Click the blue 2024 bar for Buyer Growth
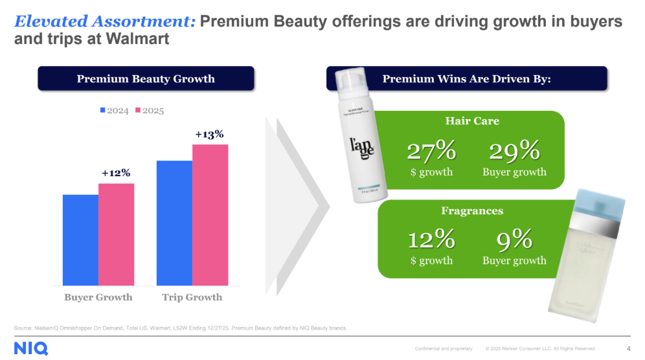(80, 240)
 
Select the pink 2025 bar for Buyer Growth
(117, 234)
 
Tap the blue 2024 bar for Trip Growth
(174, 223)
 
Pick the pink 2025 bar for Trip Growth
(210, 214)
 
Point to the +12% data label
(116, 173)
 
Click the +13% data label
(209, 134)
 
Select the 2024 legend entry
(114, 111)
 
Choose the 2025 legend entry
(149, 111)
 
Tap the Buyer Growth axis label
(98, 297)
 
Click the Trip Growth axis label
(192, 297)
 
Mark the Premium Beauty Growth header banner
(146, 79)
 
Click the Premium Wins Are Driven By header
(466, 79)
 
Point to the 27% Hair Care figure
(431, 152)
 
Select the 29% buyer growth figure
(514, 152)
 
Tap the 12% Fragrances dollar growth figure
(431, 240)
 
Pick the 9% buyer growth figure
(514, 240)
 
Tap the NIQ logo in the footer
(31, 348)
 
